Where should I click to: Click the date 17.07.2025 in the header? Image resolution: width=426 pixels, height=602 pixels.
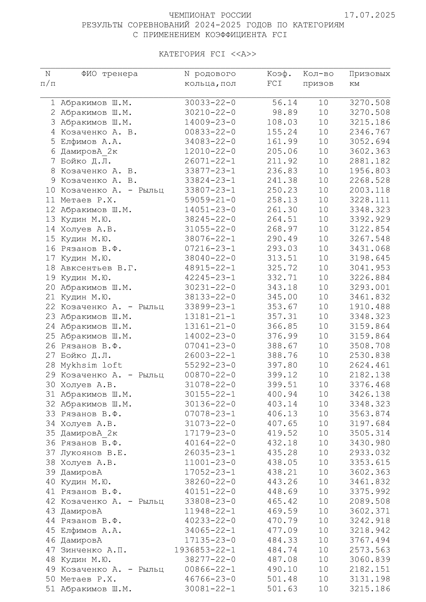370,15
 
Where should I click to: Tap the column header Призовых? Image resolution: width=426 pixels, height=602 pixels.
369,74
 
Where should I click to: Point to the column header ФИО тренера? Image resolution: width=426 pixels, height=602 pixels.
109,74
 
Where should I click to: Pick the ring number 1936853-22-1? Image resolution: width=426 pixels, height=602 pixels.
205,550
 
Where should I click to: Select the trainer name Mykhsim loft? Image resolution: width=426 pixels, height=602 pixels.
91,365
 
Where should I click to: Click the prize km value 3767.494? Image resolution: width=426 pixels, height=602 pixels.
370,540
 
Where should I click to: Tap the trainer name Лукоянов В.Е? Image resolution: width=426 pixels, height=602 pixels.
94,453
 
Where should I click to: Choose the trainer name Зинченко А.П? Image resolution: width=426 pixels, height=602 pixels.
94,550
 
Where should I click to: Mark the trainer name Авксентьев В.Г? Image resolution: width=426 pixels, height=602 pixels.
99,268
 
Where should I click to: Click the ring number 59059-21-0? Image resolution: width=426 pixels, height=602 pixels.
210,200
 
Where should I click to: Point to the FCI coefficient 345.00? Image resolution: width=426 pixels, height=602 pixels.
282,297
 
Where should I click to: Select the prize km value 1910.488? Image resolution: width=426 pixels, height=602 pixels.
370,307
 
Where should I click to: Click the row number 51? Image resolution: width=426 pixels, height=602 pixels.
50,589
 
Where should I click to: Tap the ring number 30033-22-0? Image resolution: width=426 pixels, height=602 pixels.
210,102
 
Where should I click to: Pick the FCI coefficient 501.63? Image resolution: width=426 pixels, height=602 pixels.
282,589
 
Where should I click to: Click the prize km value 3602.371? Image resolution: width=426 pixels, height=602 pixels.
370,511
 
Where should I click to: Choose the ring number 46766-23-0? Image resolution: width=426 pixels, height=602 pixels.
210,579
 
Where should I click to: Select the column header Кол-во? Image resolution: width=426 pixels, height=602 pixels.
318,74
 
